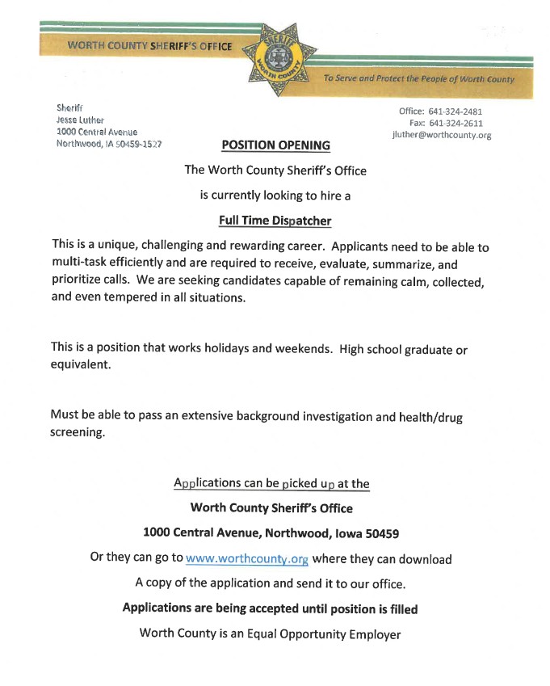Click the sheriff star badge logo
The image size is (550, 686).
[275, 58]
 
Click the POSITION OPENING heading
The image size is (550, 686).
[275, 145]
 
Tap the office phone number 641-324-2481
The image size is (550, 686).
[456, 112]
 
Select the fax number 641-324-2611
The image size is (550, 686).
[456, 124]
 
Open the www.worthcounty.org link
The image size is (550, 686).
[247, 558]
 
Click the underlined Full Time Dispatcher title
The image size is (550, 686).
[275, 220]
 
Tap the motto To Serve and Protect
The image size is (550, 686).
[418, 79]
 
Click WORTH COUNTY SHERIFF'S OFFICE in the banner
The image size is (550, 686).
[149, 46]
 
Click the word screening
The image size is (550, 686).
[78, 432]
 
